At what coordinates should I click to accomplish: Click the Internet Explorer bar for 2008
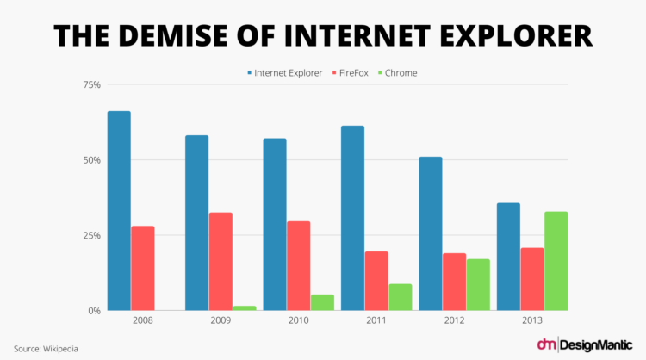[x=119, y=211]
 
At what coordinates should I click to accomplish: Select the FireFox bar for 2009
[x=221, y=261]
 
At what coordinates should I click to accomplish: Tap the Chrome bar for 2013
[x=556, y=261]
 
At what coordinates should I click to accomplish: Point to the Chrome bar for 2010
[x=298, y=302]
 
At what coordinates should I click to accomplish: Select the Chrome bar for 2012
[x=478, y=284]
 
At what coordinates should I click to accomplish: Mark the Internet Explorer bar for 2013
[x=532, y=257]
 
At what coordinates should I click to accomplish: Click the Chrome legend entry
[x=396, y=73]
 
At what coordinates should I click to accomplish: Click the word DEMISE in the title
[x=193, y=35]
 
